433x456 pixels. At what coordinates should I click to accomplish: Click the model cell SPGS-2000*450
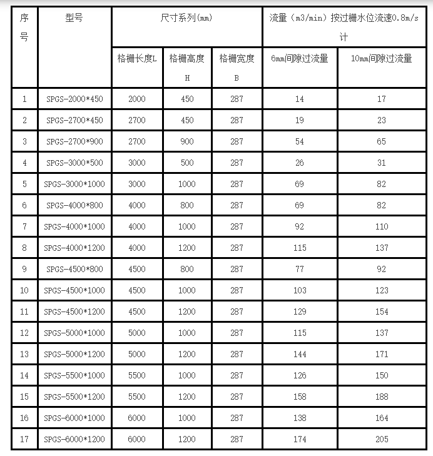[x=75, y=99]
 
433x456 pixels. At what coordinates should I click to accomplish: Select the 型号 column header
[x=74, y=18]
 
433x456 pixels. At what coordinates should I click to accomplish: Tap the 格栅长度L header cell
[x=137, y=59]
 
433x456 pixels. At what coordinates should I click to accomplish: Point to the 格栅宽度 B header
[x=237, y=67]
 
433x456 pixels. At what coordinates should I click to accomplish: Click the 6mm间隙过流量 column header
[x=300, y=59]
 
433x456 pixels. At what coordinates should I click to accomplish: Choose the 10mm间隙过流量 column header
[x=381, y=59]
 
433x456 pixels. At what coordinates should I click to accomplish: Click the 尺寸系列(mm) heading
[x=186, y=18]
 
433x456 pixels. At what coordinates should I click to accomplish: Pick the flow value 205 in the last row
[x=382, y=439]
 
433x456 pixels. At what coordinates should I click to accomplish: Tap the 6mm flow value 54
[x=300, y=141]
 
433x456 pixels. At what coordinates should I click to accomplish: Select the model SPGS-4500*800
[x=75, y=269]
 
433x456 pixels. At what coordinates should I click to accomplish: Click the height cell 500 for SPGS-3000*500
[x=187, y=163]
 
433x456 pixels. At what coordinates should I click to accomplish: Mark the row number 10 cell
[x=24, y=290]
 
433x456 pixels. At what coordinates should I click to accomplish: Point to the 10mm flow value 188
[x=382, y=397]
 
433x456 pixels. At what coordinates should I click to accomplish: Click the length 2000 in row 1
[x=137, y=99]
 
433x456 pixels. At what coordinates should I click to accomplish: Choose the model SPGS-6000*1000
[x=75, y=418]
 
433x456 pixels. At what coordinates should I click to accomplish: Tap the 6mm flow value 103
[x=300, y=290]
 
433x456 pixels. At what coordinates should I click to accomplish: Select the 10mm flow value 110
[x=382, y=226]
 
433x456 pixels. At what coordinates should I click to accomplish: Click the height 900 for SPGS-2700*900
[x=187, y=141]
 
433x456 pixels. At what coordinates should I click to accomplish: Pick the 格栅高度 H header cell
[x=187, y=67]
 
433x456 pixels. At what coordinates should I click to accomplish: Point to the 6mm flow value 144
[x=300, y=354]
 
